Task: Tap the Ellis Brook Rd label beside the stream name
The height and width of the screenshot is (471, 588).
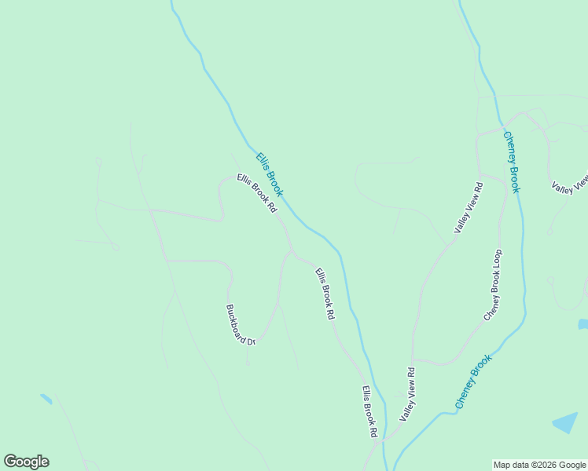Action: click(x=258, y=193)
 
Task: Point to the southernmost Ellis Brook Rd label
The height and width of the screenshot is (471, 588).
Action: click(x=370, y=411)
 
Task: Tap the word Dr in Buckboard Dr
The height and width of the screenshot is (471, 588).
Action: click(x=252, y=341)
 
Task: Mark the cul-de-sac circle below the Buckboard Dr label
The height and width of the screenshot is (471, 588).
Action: click(x=248, y=363)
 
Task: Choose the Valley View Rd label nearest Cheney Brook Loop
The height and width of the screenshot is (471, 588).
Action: click(x=469, y=206)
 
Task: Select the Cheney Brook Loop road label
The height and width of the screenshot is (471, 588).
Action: click(x=493, y=284)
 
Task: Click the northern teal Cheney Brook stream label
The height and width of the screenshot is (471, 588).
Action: click(x=512, y=162)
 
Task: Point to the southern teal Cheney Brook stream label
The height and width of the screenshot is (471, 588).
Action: click(x=473, y=382)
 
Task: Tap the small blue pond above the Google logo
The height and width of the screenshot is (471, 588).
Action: click(x=46, y=399)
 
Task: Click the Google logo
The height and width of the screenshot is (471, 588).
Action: click(x=26, y=462)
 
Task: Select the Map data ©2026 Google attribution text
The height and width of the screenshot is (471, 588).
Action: click(x=539, y=465)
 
